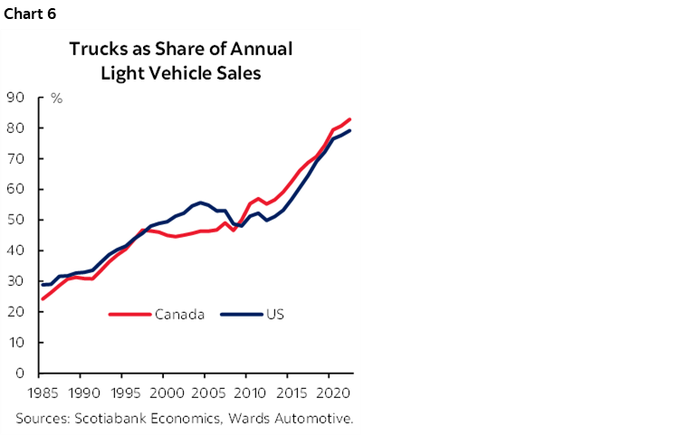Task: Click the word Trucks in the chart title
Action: click(x=96, y=49)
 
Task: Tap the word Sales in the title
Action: click(x=237, y=73)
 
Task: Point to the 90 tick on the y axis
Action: click(x=14, y=98)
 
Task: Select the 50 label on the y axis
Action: click(x=14, y=220)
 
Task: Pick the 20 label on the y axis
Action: click(x=14, y=312)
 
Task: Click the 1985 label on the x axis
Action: click(x=39, y=395)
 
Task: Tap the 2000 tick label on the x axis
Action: click(x=163, y=395)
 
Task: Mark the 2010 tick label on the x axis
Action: click(x=246, y=395)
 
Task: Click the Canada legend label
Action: click(x=180, y=315)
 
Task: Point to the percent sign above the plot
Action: click(x=56, y=98)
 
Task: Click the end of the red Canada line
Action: click(x=350, y=119)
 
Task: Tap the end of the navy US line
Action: click(x=350, y=131)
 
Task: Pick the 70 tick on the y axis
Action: click(x=14, y=159)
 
